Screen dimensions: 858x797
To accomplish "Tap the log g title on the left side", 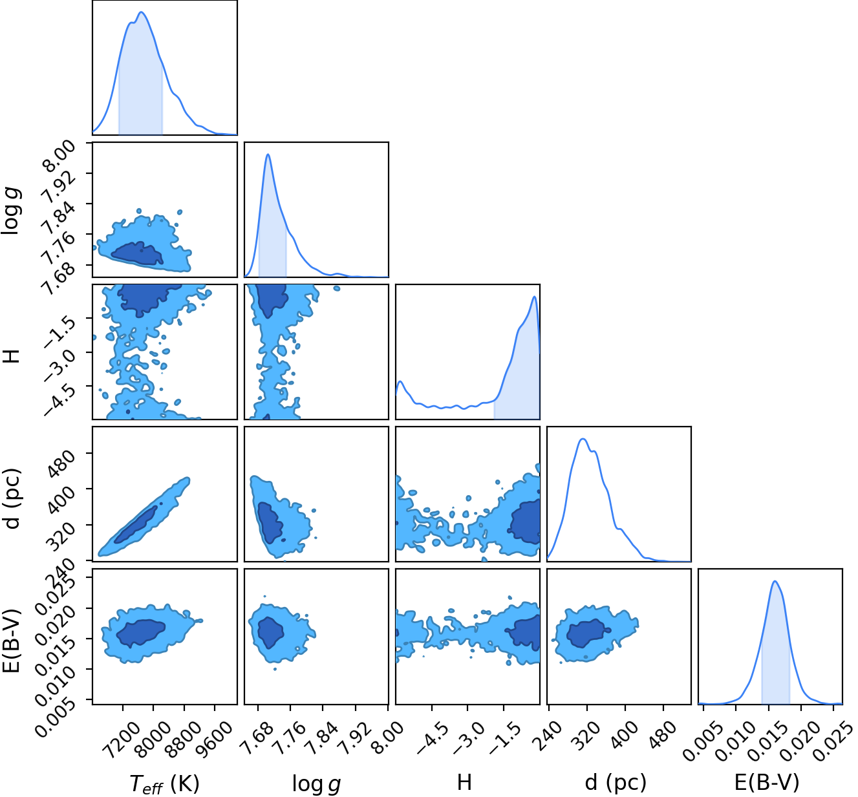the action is (x=11, y=211).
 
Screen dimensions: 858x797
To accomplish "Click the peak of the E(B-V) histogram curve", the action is (x=775, y=581).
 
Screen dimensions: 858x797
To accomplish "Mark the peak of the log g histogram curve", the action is (x=268, y=154).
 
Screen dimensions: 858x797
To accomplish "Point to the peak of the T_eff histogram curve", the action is (x=141, y=12).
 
